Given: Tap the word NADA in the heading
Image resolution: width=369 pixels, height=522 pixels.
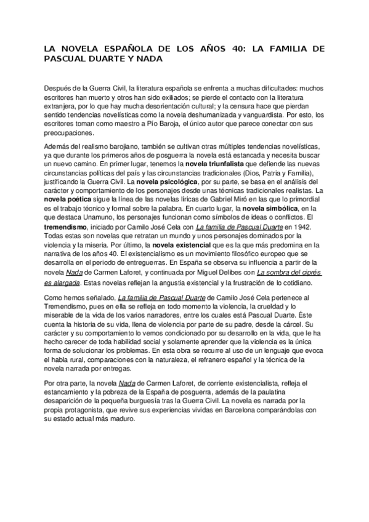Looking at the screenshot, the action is [x=152, y=60].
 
